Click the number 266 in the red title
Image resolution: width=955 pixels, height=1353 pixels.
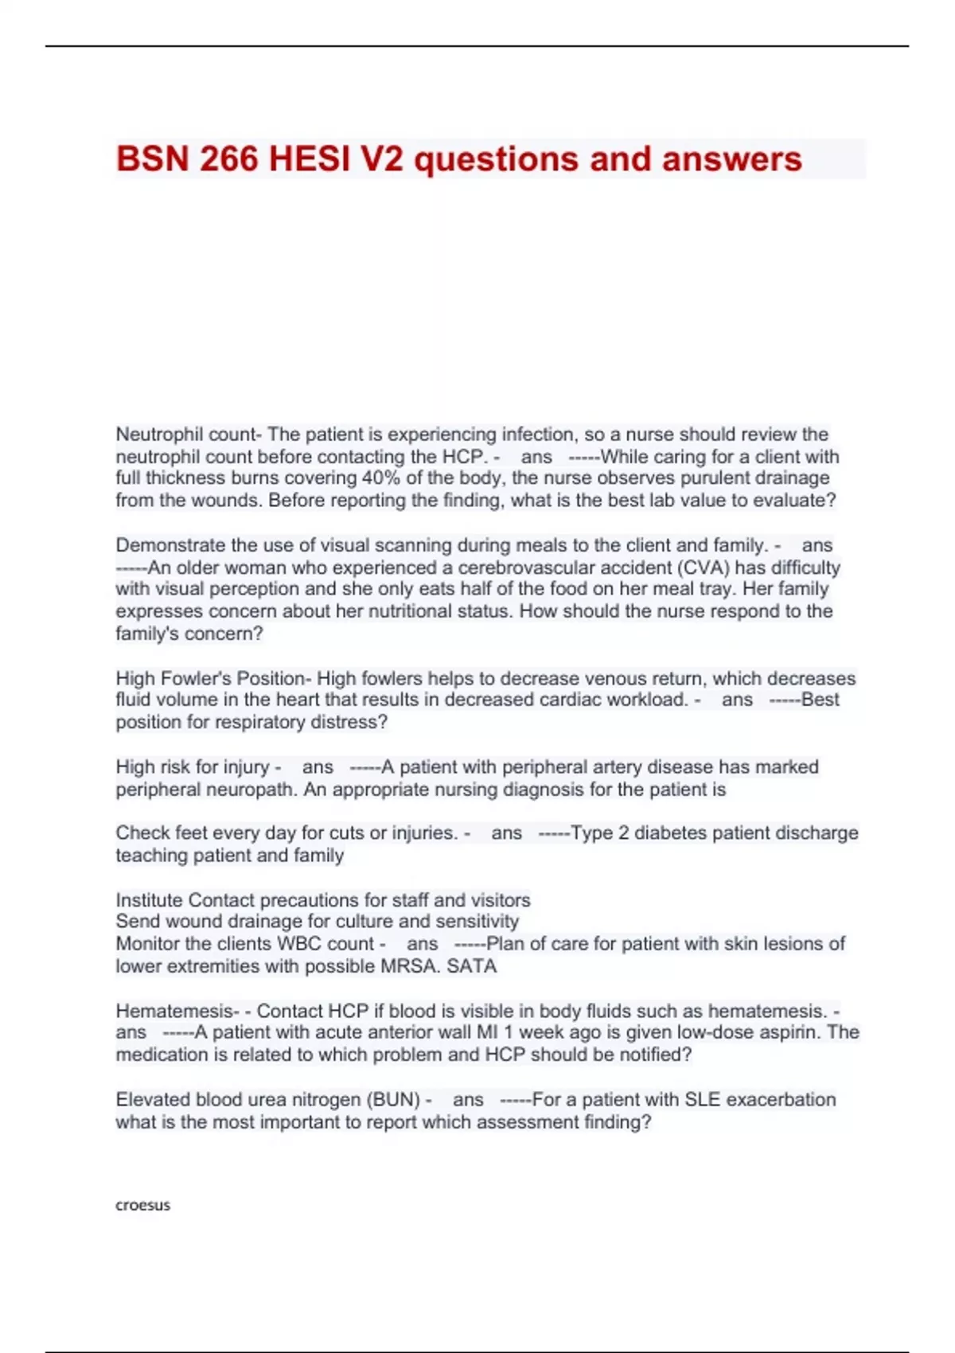(x=229, y=159)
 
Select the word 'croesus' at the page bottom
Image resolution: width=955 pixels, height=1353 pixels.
(x=143, y=1205)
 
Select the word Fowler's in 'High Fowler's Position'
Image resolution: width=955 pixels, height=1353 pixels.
(x=197, y=678)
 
